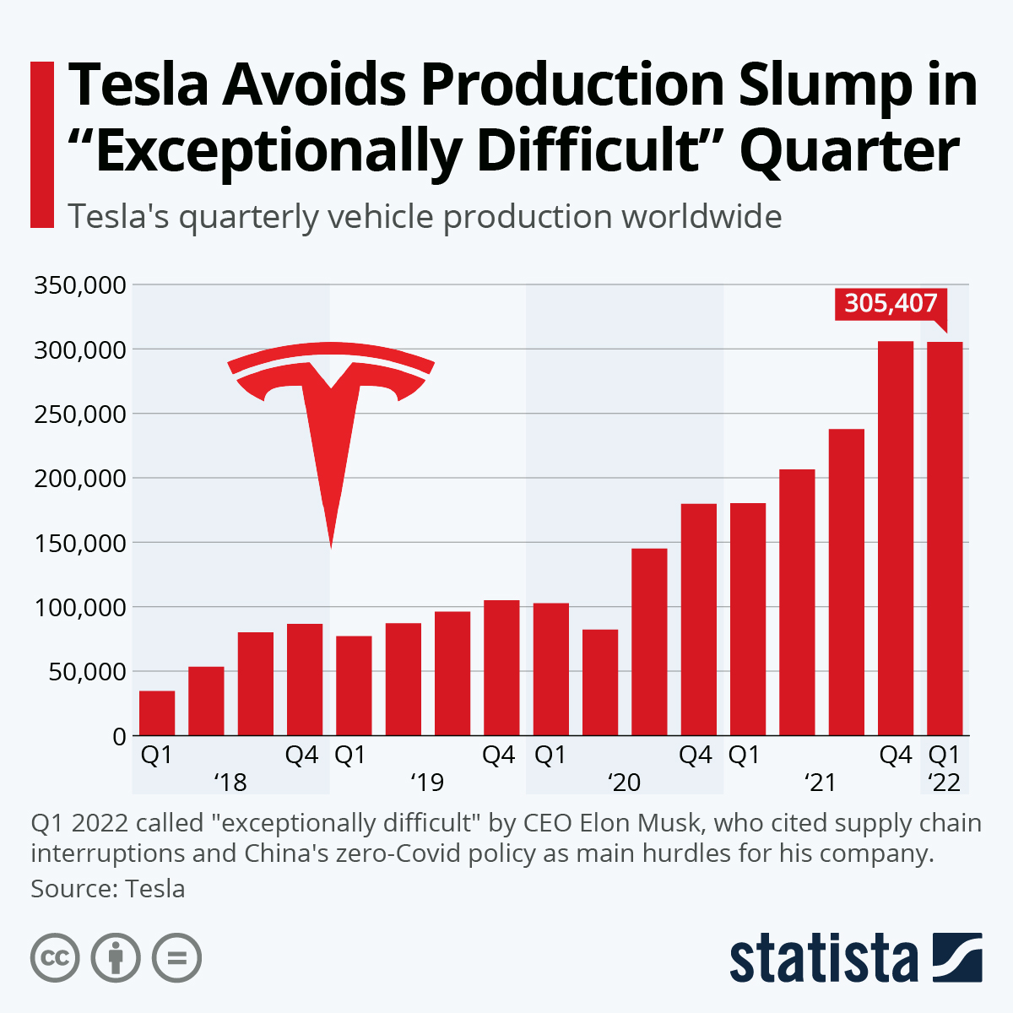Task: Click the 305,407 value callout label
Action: (x=891, y=303)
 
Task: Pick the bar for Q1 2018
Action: (x=157, y=713)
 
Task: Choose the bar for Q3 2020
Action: (x=649, y=642)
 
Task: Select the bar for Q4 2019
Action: (x=501, y=667)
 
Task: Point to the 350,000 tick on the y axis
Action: (x=80, y=285)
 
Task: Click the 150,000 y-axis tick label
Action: (x=80, y=543)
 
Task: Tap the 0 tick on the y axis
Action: (x=119, y=736)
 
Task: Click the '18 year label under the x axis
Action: (x=230, y=783)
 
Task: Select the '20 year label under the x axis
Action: (x=625, y=783)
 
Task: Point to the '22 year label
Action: (x=944, y=783)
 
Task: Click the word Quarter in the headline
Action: (x=849, y=151)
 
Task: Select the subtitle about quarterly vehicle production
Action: (x=425, y=217)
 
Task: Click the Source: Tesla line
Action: (x=108, y=888)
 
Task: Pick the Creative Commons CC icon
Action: (x=55, y=958)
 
